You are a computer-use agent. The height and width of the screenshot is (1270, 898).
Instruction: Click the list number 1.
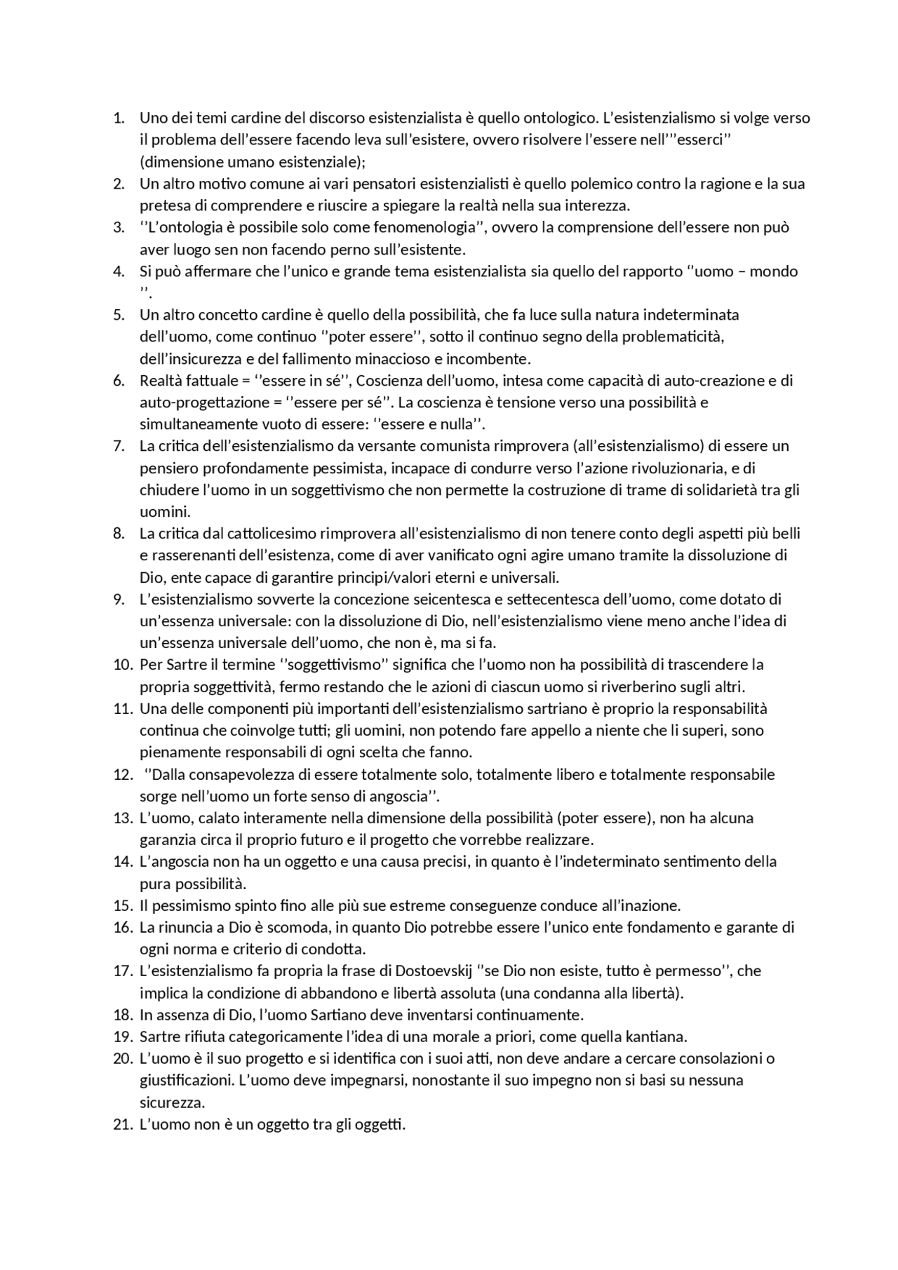click(x=119, y=118)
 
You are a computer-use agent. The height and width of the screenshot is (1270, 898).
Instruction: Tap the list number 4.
click(x=119, y=271)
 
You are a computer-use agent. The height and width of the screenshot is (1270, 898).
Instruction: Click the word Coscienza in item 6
click(x=389, y=381)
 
